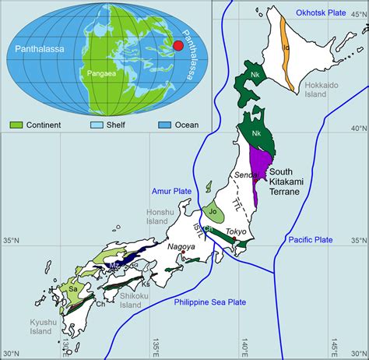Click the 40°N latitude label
[358, 127]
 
